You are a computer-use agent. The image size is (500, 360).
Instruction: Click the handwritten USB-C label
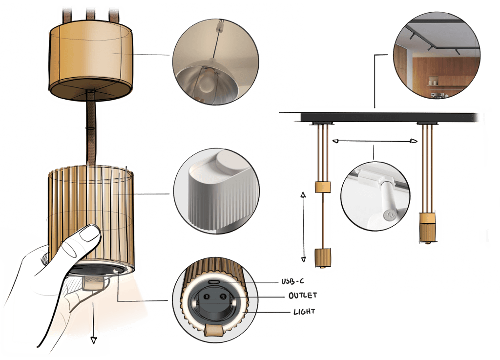292,281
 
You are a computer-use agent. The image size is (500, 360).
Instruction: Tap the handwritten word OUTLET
303,296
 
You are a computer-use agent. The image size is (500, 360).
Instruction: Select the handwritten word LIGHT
304,311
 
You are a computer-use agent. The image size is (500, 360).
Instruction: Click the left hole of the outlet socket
207,297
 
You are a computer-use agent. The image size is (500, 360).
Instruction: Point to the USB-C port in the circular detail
214,282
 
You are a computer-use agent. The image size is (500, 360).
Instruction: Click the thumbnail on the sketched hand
89,233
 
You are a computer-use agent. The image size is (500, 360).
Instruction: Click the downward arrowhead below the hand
93,340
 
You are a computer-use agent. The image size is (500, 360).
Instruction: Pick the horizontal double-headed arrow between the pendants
375,141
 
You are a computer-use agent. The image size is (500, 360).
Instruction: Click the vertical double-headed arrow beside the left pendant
303,227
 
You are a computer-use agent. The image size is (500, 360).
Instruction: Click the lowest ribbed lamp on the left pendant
323,257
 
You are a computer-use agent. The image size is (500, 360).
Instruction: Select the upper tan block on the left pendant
323,187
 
